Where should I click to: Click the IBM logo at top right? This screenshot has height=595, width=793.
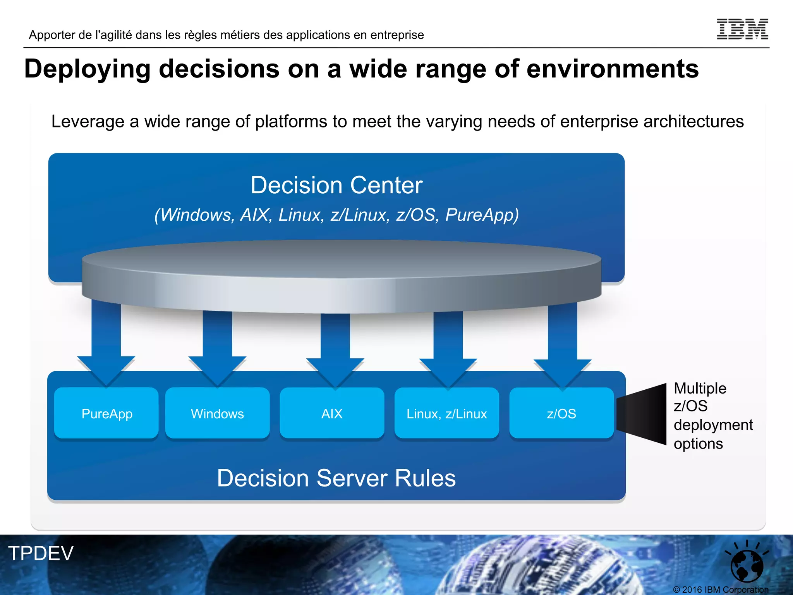click(742, 29)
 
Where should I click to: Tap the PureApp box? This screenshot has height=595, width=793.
click(106, 413)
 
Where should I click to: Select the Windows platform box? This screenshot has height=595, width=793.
click(217, 413)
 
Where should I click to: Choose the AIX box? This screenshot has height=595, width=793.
click(332, 413)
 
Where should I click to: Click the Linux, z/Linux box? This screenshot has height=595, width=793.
click(446, 413)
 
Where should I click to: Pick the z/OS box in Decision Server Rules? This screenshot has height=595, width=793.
click(561, 413)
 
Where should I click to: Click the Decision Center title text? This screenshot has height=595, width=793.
click(336, 185)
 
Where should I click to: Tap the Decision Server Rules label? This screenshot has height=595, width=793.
click(336, 478)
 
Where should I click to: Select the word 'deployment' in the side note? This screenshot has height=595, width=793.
click(713, 425)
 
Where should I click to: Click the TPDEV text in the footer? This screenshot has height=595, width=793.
click(41, 553)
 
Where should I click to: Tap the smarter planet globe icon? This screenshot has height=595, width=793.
click(747, 564)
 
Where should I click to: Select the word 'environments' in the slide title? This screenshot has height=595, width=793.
click(613, 69)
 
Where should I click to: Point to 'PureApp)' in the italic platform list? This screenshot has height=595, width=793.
click(482, 215)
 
